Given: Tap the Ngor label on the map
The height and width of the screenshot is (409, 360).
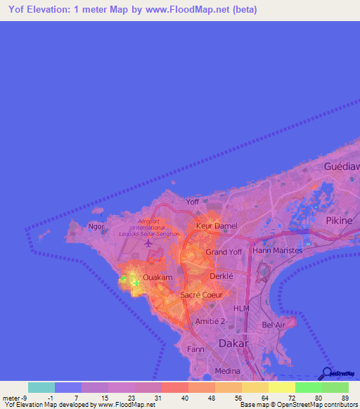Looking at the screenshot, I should [96, 226].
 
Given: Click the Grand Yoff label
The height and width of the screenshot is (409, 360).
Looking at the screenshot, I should [224, 252].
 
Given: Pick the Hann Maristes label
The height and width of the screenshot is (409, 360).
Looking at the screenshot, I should [277, 250].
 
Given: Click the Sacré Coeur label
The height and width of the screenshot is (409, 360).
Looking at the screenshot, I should [201, 294].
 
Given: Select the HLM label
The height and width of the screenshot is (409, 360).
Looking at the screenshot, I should [242, 309].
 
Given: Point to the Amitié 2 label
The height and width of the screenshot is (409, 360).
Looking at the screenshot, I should [212, 320].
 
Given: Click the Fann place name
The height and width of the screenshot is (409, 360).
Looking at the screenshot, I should [195, 349].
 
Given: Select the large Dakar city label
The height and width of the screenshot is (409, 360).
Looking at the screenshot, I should [234, 344].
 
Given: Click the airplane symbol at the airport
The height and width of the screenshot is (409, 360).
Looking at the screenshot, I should [148, 244].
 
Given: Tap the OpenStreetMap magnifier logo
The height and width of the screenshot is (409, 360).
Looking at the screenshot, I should [326, 373].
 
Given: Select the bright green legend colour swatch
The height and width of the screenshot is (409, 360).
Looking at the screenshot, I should [308, 387].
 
